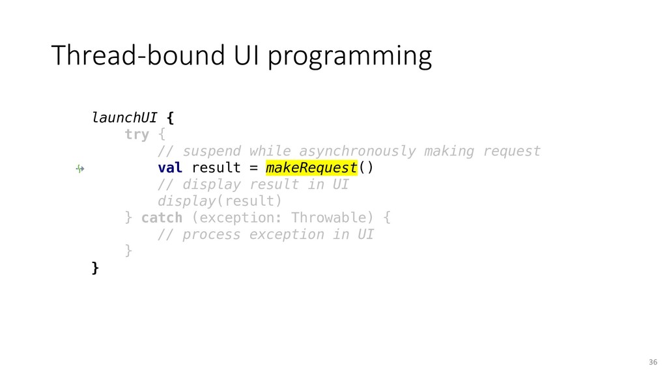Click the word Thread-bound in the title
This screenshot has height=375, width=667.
coord(138,55)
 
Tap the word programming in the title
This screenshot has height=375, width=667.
coord(350,57)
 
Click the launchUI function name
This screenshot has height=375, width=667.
coord(124,117)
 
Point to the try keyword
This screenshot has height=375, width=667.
coord(137,135)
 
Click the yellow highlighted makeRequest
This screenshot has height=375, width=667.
coord(311,167)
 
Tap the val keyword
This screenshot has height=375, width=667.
coord(170,167)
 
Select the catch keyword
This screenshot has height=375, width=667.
coord(162,217)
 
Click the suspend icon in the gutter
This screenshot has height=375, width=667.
coord(80,169)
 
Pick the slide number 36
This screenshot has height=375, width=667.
coord(653,362)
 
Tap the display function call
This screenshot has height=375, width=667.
coord(187,201)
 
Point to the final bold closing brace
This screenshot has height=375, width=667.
coord(95,268)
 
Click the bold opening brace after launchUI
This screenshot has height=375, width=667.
coord(170,118)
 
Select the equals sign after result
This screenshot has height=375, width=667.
coord(253,168)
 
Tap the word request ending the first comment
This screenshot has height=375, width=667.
coord(512,151)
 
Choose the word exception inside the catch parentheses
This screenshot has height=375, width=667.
coord(236,218)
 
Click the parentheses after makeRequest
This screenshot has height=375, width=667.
coord(366,167)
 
